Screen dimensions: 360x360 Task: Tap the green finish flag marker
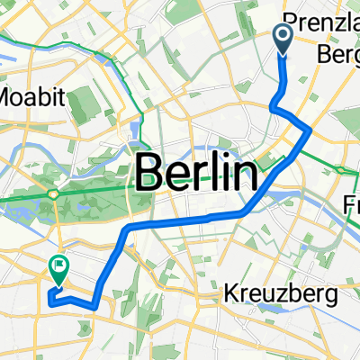60,267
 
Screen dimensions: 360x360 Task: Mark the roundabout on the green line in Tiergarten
57,193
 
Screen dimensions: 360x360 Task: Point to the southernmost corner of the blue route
94,307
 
